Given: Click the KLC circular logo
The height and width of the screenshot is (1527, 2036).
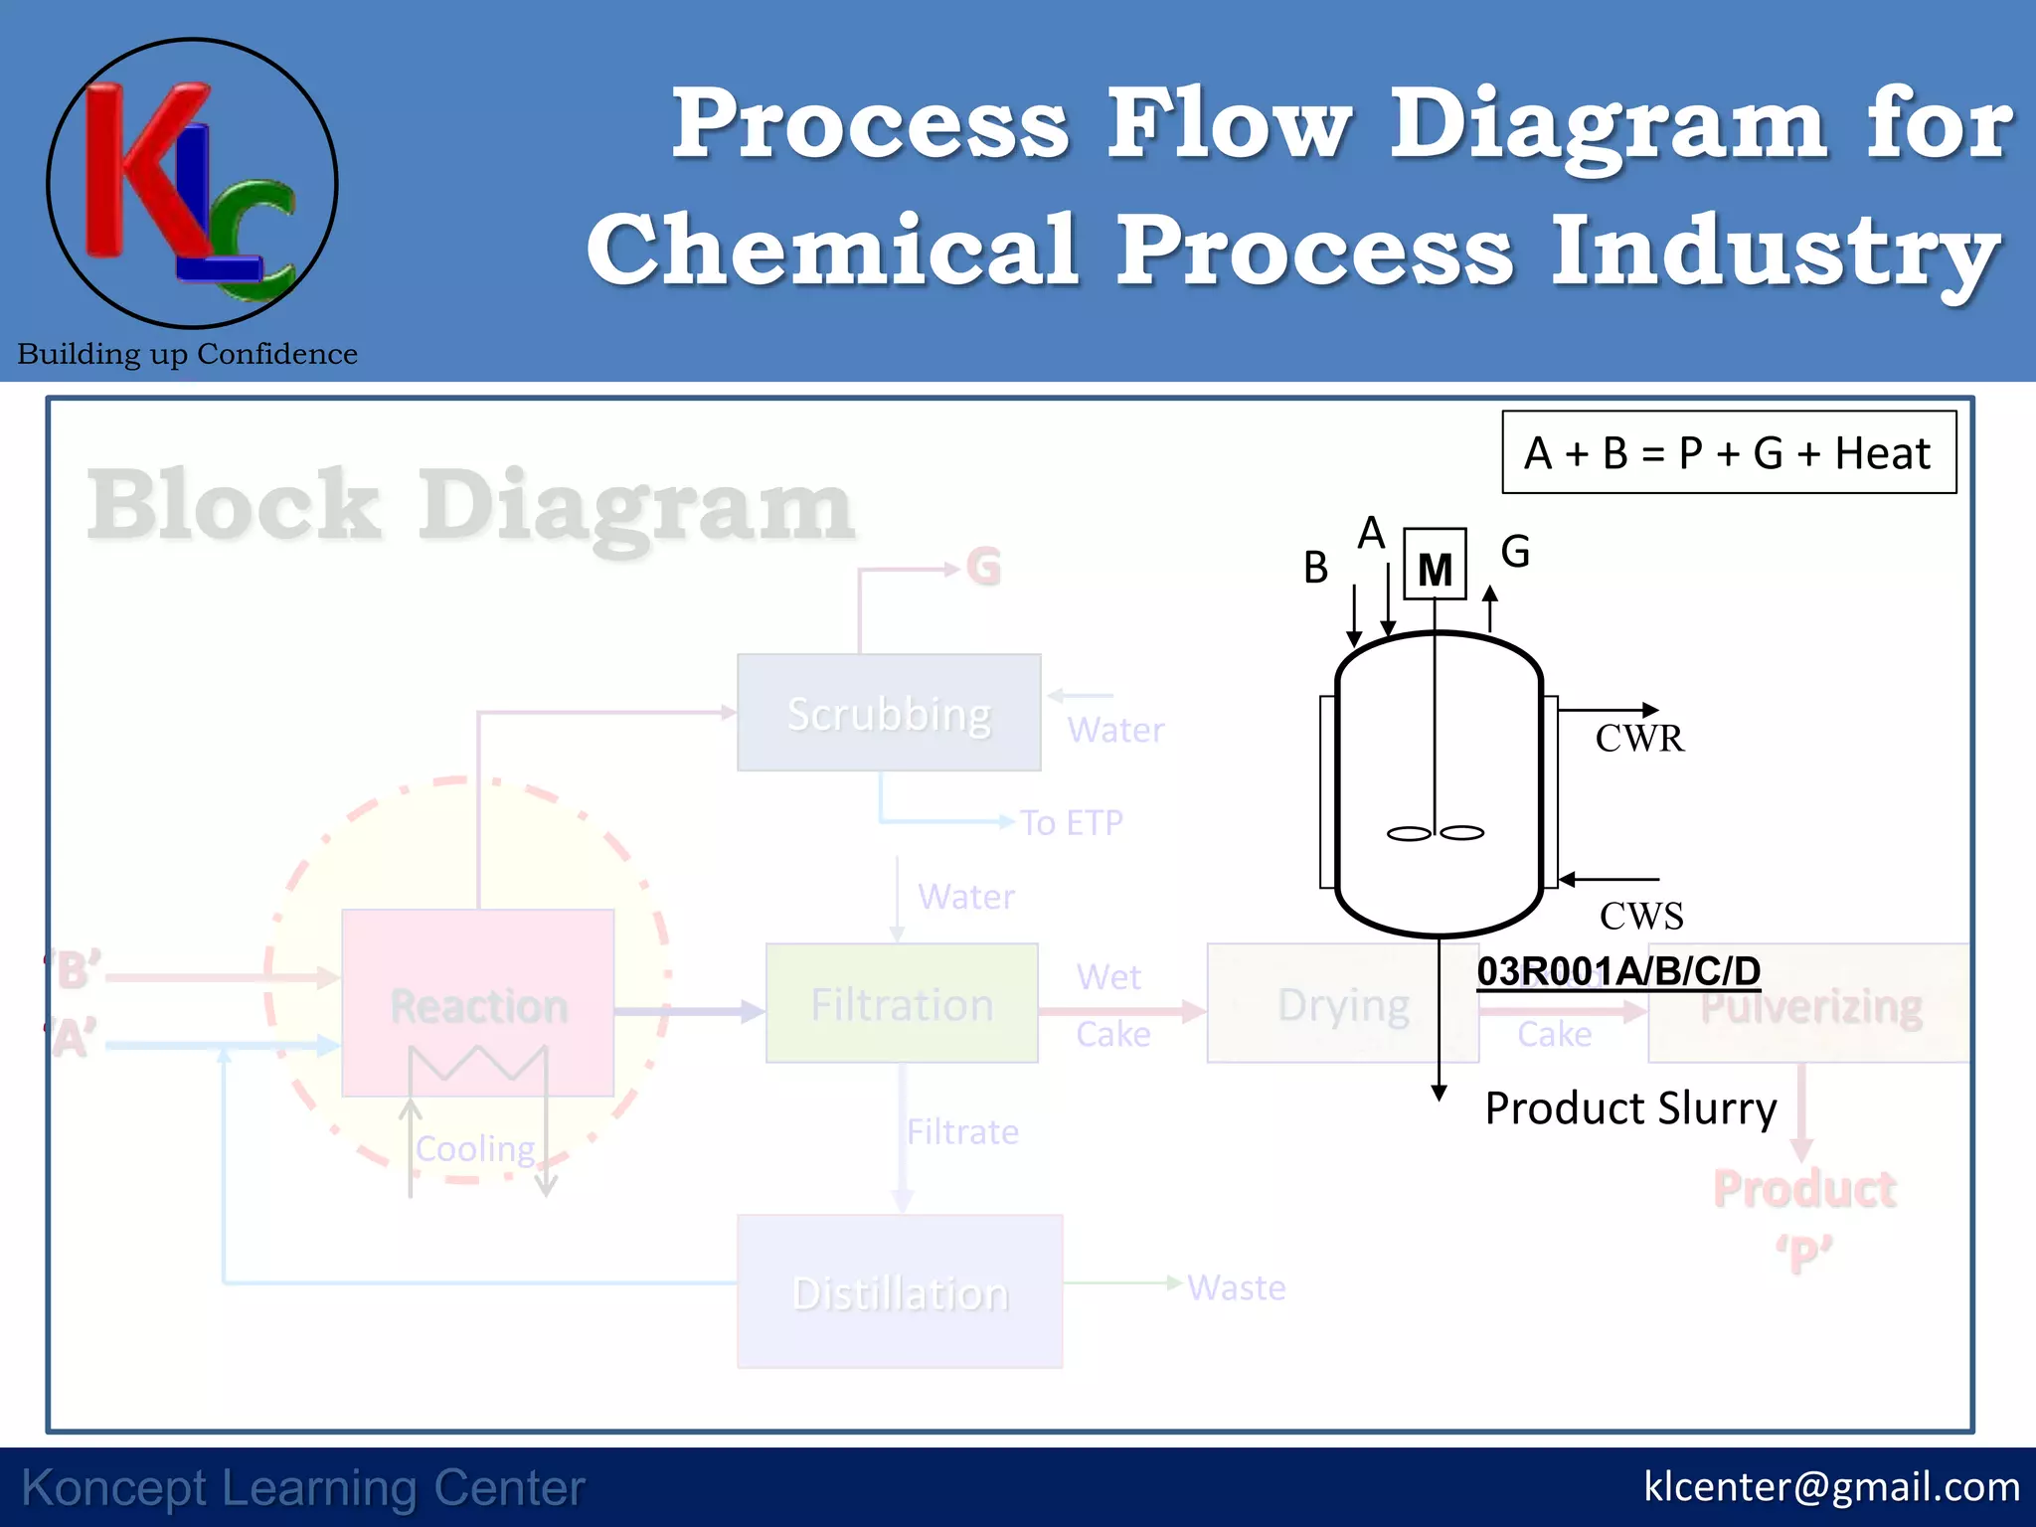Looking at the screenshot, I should click(x=192, y=184).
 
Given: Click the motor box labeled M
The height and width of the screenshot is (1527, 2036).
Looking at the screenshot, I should click(x=1435, y=565).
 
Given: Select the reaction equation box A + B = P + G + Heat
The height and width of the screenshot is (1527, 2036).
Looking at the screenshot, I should click(x=1729, y=453).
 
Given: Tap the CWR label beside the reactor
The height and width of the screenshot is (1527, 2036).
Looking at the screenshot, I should click(x=1639, y=739).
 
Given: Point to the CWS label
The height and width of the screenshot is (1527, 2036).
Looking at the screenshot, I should click(x=1641, y=916).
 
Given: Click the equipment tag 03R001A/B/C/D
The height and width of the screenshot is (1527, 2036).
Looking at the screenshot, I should click(x=1617, y=971).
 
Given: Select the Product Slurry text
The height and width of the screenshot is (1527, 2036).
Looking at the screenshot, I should click(x=1630, y=1107).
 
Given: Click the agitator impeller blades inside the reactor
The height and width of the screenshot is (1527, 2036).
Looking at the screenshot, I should click(x=1435, y=833).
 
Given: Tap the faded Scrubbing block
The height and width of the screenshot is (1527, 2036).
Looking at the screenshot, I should click(x=889, y=713).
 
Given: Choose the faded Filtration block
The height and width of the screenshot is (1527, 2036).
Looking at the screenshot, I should click(x=902, y=1004).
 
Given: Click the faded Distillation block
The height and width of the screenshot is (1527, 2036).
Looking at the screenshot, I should click(x=900, y=1292).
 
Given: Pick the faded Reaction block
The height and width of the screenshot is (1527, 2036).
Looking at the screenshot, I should click(x=478, y=1004).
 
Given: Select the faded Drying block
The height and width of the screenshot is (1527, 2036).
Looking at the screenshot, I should click(x=1342, y=1004).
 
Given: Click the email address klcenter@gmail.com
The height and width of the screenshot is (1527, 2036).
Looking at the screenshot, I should click(x=1831, y=1487).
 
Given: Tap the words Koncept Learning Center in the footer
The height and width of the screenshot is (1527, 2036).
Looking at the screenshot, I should click(x=303, y=1488).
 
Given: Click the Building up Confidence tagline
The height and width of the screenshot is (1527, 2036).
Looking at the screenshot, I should click(x=187, y=354).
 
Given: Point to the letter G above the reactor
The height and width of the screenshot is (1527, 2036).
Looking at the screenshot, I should click(x=1515, y=551).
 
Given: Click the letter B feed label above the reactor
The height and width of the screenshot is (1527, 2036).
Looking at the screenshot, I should click(x=1315, y=568).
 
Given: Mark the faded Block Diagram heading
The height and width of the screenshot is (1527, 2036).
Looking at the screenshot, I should click(x=469, y=505).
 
